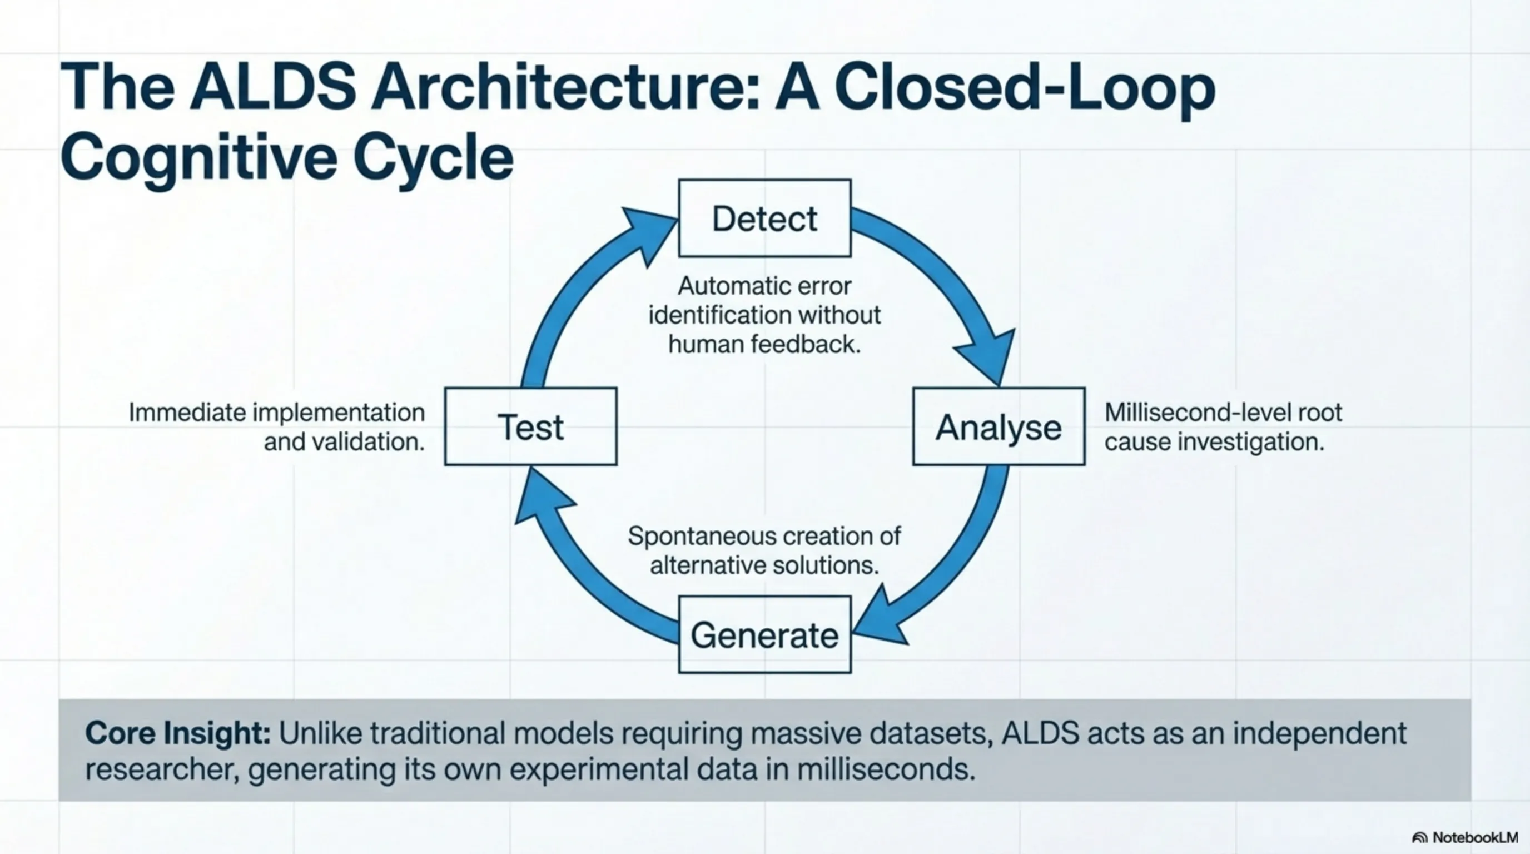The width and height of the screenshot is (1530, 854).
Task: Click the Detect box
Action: pos(764,218)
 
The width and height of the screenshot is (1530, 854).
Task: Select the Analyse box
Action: pos(999,426)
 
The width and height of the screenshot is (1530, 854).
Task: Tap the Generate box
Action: pos(764,634)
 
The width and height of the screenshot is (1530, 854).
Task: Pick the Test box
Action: pos(530,426)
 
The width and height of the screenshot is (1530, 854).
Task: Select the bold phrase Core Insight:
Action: pos(177,733)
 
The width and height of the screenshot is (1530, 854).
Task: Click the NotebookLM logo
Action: pos(1464,837)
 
